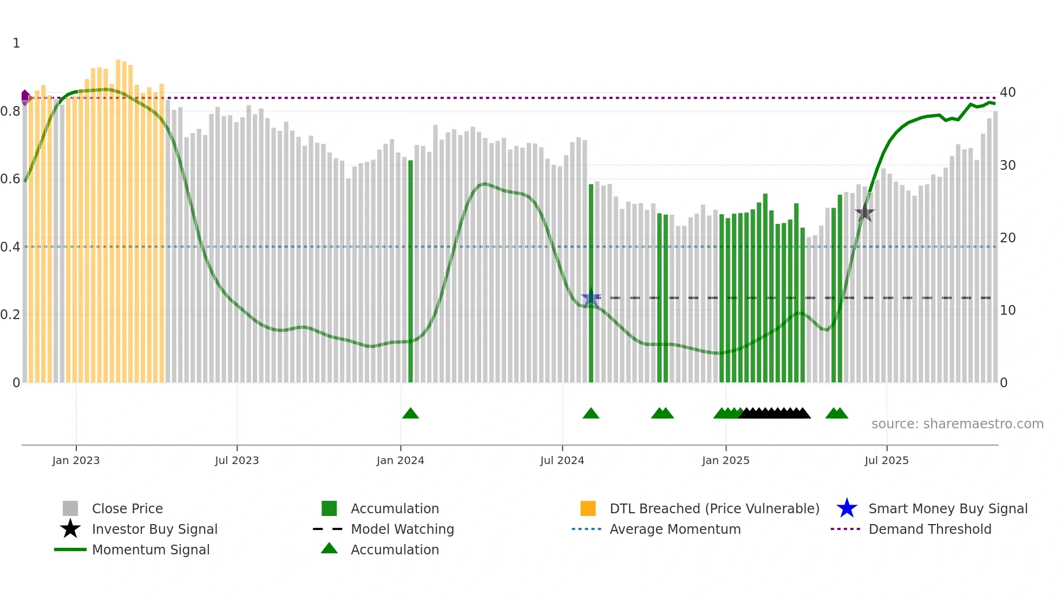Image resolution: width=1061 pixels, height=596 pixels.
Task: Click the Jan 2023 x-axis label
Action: point(76,460)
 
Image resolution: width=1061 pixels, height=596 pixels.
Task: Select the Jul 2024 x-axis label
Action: point(562,460)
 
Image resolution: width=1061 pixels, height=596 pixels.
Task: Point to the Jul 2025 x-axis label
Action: point(886,460)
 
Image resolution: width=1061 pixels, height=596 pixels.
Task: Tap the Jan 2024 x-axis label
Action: point(400,460)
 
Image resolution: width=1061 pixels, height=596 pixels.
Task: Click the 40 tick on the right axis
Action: point(1007,92)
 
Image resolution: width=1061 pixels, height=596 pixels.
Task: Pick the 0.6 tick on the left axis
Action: point(10,179)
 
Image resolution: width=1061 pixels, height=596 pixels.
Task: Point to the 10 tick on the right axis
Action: point(1007,310)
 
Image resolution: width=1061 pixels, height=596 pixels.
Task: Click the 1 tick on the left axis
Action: point(16,43)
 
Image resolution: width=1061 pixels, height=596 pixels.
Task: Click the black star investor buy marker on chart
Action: point(864,213)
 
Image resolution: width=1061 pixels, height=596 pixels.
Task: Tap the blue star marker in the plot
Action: point(591,298)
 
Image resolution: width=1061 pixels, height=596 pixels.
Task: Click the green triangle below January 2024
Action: point(410,414)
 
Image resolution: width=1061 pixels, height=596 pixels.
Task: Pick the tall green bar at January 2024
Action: point(410,270)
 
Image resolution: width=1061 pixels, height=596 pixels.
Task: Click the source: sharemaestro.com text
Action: point(957,424)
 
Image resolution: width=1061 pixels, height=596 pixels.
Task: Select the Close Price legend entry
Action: point(127,509)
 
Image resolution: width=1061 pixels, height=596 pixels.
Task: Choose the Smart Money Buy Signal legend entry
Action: point(947,509)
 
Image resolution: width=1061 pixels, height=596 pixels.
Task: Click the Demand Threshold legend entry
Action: point(929,529)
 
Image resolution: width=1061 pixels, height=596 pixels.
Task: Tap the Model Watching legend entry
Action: point(402,529)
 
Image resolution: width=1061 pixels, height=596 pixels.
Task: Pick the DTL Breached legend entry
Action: point(714,509)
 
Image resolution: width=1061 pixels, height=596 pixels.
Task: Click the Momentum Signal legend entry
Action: point(150,550)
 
